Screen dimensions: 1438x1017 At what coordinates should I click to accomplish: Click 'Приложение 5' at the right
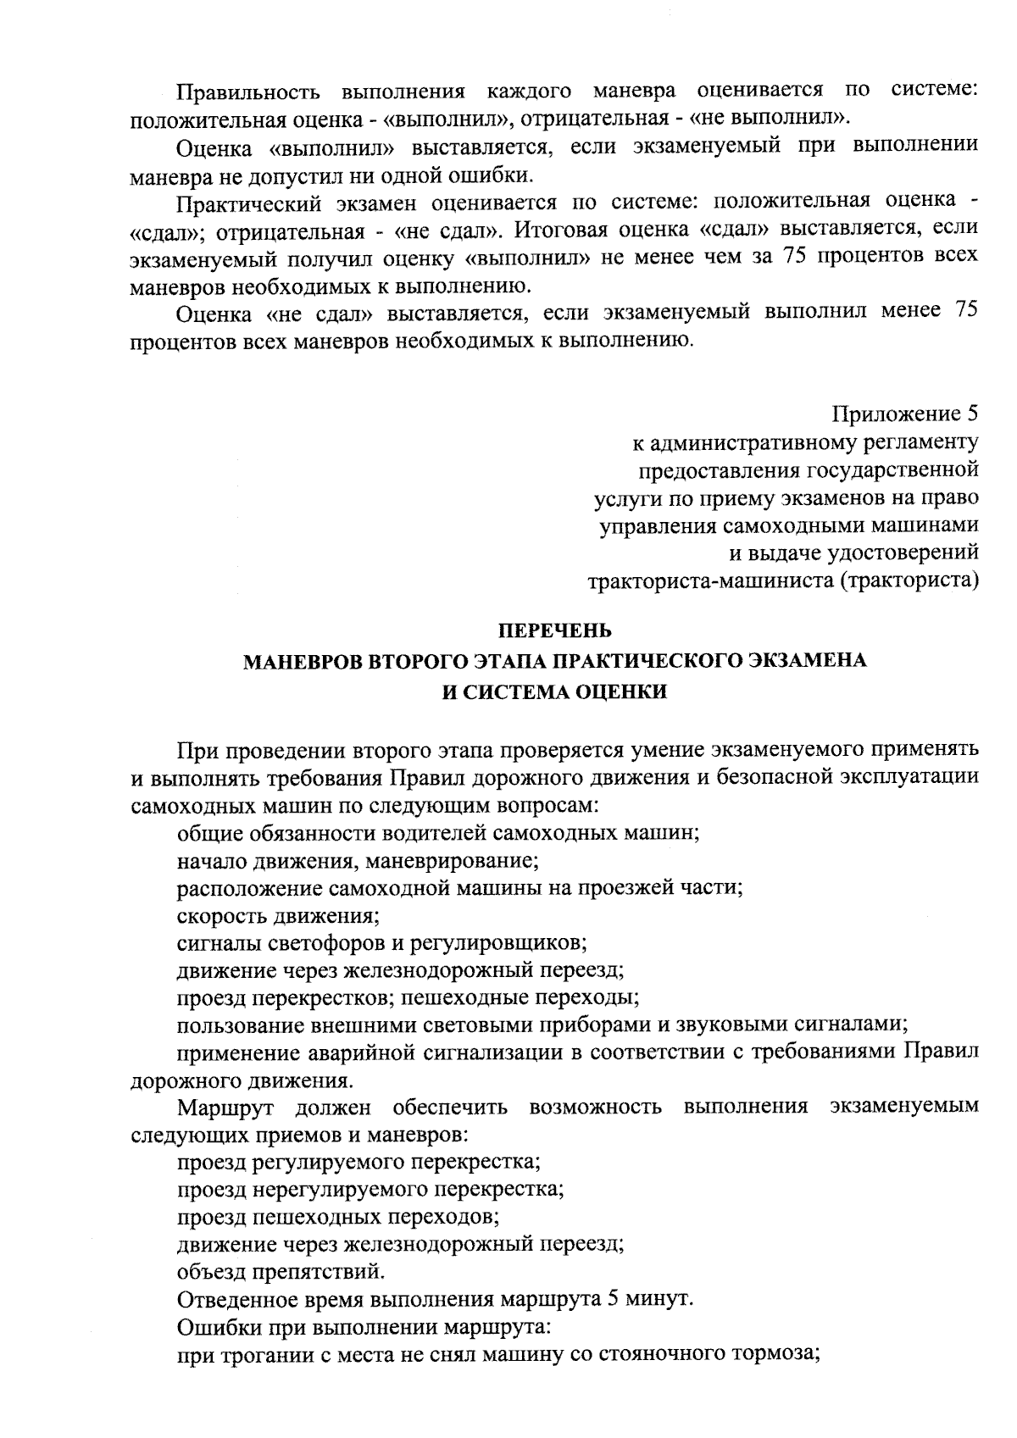(905, 414)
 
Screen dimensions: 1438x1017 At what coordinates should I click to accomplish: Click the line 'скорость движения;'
(277, 915)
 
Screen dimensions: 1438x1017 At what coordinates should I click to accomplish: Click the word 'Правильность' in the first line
(248, 92)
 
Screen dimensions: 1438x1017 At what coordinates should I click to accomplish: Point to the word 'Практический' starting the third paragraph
(250, 202)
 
